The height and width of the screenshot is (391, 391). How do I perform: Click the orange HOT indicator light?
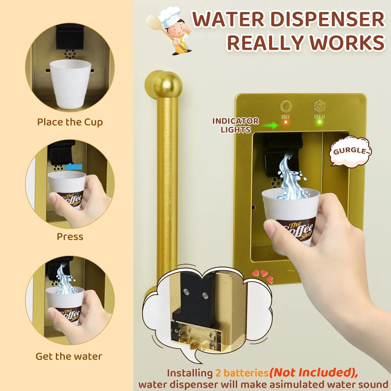[286, 122]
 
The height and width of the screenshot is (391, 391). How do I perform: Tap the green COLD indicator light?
[319, 122]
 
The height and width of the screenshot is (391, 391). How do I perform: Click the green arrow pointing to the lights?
[270, 125]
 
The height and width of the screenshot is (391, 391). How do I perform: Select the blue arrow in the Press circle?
[73, 167]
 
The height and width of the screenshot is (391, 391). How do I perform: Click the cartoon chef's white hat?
[170, 16]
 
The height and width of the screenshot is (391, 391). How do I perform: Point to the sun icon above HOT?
[286, 106]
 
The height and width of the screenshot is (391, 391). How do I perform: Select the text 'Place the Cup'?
[70, 122]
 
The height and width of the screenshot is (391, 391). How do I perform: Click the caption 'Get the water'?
[69, 356]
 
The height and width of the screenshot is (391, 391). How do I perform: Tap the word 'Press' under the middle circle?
[70, 237]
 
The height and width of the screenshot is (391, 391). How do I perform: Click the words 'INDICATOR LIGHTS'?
[236, 125]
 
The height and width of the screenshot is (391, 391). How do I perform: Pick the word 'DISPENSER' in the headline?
[327, 19]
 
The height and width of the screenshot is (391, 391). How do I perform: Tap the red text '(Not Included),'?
[313, 373]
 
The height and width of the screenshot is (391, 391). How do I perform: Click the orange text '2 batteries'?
[242, 373]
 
